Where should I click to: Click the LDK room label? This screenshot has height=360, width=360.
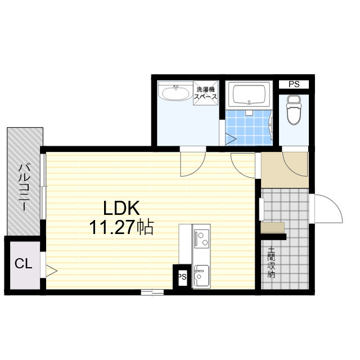[121, 208]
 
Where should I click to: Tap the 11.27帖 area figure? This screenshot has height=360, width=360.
[121, 227]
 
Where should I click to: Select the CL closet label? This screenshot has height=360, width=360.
[23, 264]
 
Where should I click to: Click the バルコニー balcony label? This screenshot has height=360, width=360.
[25, 187]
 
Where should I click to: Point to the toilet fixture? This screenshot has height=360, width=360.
[294, 110]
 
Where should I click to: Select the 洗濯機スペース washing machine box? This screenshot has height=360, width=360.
[205, 93]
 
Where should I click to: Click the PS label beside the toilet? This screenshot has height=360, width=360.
[294, 84]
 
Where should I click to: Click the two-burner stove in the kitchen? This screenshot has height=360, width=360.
[201, 238]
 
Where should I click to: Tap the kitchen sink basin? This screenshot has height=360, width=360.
[201, 276]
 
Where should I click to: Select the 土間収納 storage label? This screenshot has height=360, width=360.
[271, 263]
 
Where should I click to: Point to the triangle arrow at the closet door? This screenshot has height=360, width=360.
[51, 271]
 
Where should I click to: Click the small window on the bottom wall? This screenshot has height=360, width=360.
[152, 292]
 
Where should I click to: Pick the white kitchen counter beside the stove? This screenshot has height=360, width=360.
[185, 244]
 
